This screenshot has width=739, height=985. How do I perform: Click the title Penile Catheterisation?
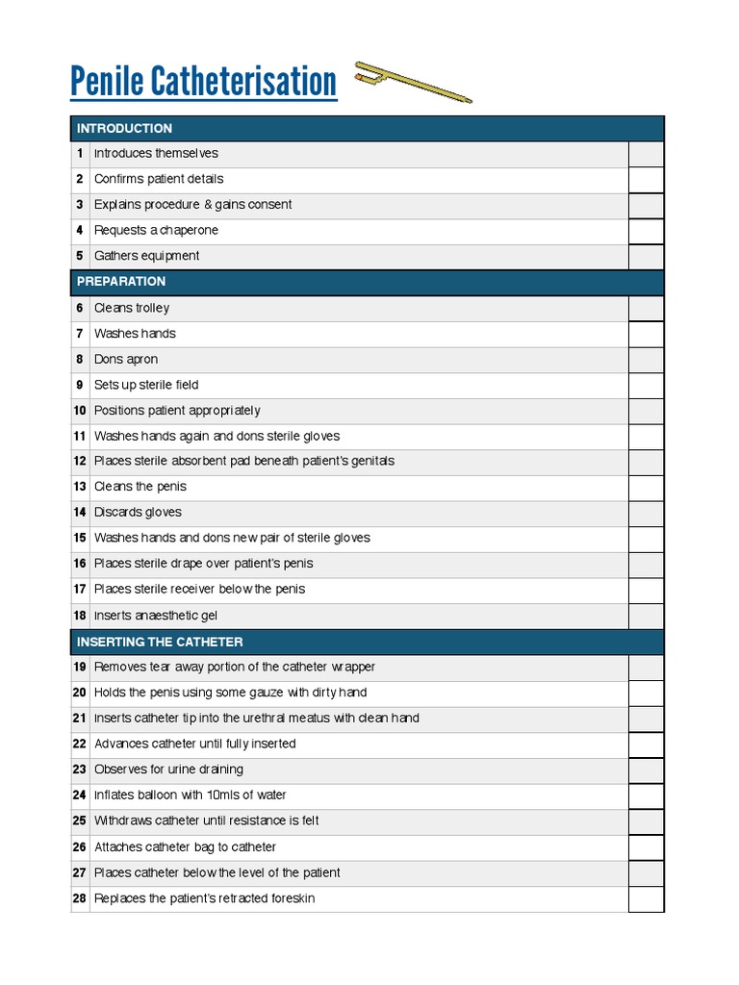tap(204, 83)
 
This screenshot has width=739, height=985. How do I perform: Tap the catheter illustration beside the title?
tap(413, 82)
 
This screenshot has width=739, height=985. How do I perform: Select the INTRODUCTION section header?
tap(124, 128)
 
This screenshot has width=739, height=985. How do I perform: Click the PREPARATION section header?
tap(121, 282)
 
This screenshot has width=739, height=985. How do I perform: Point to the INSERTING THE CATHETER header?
tap(160, 642)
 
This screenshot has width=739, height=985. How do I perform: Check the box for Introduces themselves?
tap(646, 154)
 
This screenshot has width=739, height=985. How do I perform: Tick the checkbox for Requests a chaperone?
tap(646, 231)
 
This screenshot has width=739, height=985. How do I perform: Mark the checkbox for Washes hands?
tap(646, 334)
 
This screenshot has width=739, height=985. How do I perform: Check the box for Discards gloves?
tap(646, 513)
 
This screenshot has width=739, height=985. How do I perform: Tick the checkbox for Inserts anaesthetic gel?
tap(646, 616)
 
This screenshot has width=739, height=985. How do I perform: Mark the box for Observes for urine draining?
tap(646, 770)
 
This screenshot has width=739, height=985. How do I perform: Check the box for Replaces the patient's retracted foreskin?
tap(646, 898)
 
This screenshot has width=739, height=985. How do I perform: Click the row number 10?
tap(79, 411)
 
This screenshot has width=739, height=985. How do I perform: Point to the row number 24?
tap(79, 796)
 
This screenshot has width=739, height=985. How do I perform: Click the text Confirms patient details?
tap(159, 179)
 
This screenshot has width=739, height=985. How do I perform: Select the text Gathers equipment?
tap(147, 256)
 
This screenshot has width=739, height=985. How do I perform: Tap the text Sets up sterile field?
tap(146, 385)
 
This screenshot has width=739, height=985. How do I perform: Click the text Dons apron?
tap(126, 360)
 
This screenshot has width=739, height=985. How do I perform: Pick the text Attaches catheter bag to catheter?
tap(185, 847)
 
